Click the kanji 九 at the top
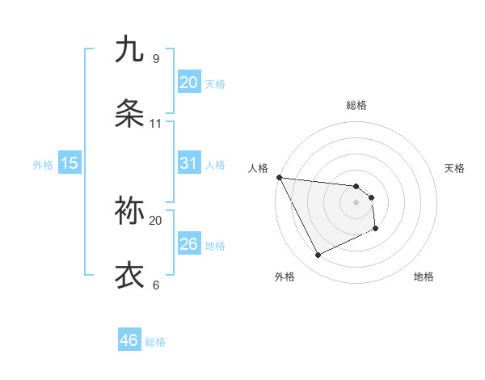129,49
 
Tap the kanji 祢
129,212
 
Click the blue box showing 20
188,82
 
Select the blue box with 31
188,163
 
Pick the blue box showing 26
188,244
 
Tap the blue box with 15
70,163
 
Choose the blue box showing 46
129,340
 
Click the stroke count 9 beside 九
156,59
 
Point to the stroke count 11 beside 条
156,124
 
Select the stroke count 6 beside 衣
156,285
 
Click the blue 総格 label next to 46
155,342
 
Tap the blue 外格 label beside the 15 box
43,165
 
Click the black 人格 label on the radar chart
258,168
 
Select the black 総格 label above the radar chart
356,105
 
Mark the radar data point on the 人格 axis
279,177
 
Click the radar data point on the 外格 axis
318,255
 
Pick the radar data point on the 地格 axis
376,230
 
